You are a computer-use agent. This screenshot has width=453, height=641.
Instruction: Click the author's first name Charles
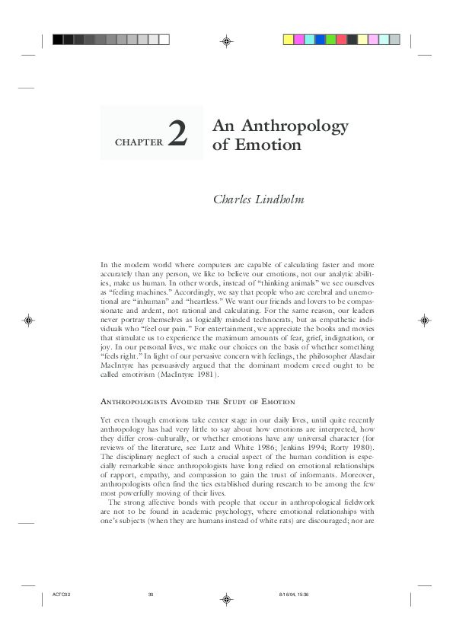coord(236,200)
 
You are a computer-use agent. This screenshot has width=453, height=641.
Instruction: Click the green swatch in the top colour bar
coord(330,39)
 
